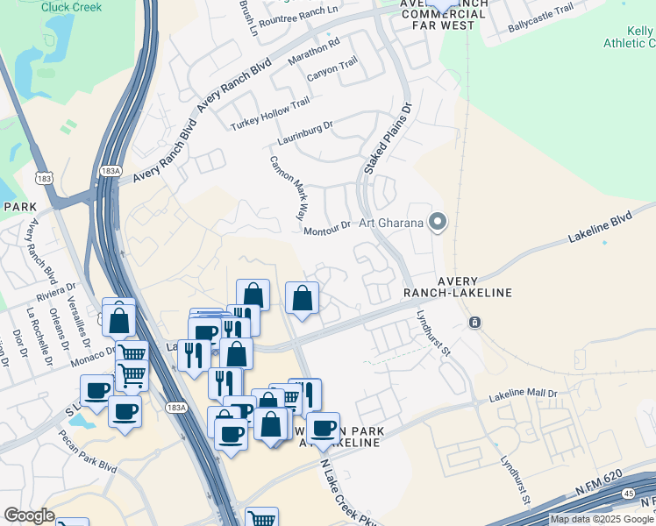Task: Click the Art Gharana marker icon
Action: point(438,222)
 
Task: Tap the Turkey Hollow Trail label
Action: point(270,115)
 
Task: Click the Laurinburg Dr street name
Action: point(306,132)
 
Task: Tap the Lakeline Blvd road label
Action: point(600,226)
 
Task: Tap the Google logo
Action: point(29,515)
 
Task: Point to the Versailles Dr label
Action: point(76,312)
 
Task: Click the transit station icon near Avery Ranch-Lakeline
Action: point(474,323)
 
